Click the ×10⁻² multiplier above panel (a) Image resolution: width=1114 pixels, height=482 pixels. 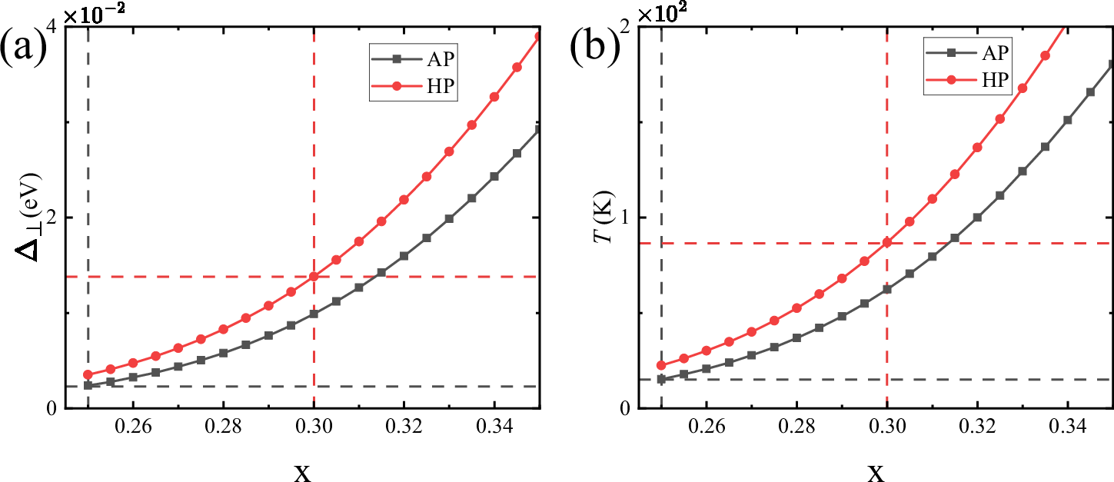(95, 13)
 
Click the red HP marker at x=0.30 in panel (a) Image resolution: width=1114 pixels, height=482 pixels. (314, 277)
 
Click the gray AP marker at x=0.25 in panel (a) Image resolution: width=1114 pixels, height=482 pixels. (88, 385)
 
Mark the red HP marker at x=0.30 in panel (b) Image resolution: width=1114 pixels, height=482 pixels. (887, 243)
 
